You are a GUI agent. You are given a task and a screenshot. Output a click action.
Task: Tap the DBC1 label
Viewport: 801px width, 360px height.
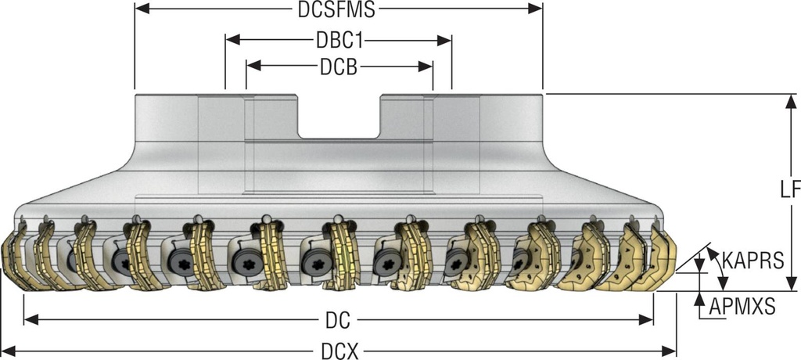[x=338, y=39]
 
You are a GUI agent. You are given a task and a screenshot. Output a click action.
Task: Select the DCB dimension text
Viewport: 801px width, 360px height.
[x=338, y=67]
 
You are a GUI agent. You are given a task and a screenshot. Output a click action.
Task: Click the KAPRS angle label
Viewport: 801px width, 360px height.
[x=752, y=261]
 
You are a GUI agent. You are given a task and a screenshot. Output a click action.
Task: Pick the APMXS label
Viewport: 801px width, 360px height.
[x=742, y=307]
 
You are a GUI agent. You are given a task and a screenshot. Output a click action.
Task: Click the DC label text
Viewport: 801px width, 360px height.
[x=337, y=320]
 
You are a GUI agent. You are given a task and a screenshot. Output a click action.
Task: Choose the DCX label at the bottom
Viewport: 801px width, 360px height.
[x=338, y=351]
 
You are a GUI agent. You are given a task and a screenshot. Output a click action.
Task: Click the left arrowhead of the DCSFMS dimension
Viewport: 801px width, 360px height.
[x=140, y=9]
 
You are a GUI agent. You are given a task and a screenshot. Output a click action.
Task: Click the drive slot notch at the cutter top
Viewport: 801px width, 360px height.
[x=338, y=117]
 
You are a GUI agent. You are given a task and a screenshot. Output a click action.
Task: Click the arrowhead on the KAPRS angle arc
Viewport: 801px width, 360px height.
[x=711, y=251]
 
